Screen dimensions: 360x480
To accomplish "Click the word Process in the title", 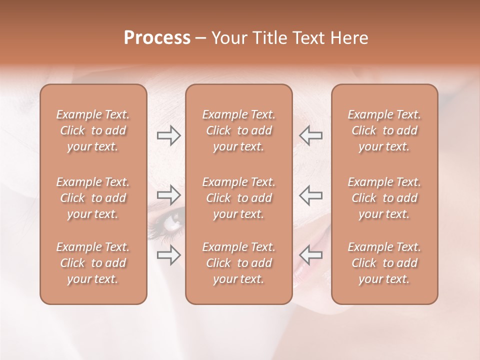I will (x=157, y=38).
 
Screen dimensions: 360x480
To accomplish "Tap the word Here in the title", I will (x=349, y=38).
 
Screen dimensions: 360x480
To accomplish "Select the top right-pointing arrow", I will (x=168, y=135).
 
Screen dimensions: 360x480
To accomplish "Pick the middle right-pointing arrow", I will (x=168, y=194).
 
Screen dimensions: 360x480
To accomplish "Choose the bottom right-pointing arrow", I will (x=168, y=255).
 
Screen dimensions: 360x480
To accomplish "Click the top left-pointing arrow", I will (x=311, y=135).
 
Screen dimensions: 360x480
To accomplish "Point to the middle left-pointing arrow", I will (x=311, y=194).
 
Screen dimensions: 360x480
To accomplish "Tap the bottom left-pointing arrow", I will (x=311, y=255).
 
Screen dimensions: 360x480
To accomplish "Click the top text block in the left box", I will (x=93, y=130).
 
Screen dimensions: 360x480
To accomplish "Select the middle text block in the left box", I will (x=93, y=198).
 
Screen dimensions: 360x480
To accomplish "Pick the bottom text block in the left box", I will (x=93, y=263).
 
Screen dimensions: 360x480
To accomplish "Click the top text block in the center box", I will (x=238, y=130).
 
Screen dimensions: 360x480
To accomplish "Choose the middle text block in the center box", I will (x=238, y=198).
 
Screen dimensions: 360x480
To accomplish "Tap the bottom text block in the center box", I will (x=238, y=263).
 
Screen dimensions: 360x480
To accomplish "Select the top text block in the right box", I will (x=384, y=130).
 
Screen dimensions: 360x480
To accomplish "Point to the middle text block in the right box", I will (x=384, y=198).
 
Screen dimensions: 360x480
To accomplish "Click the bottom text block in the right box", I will (x=384, y=263).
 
